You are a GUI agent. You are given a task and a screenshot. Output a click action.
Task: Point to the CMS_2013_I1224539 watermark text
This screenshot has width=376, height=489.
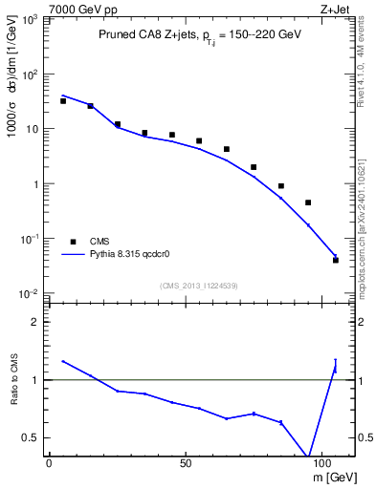click(x=199, y=285)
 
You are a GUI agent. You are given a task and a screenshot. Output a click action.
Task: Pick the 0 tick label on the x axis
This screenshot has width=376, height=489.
click(x=49, y=461)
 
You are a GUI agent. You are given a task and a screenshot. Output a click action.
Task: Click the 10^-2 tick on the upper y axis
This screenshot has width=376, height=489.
click(x=30, y=294)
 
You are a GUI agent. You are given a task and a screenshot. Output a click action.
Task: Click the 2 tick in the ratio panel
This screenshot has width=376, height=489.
click(x=35, y=322)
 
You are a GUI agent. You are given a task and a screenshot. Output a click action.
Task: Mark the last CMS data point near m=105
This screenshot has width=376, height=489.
click(x=336, y=260)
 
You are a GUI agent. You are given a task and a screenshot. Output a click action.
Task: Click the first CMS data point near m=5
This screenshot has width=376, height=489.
click(x=63, y=100)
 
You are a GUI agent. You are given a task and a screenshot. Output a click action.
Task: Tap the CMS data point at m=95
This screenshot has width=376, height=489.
click(x=308, y=202)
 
